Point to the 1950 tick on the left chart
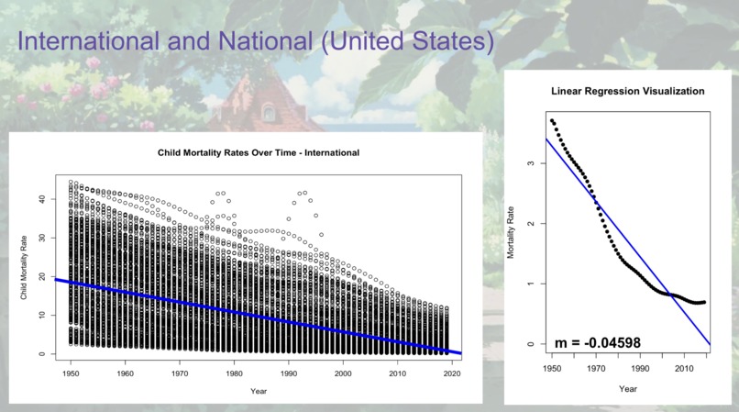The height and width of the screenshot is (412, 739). (71, 373)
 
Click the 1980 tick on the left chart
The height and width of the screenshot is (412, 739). (235, 373)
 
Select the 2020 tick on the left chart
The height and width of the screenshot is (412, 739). (452, 373)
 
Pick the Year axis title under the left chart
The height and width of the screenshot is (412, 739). (259, 391)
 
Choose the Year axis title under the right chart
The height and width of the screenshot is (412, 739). (628, 388)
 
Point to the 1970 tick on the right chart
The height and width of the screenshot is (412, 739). (595, 368)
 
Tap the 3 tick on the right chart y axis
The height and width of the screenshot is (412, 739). (531, 163)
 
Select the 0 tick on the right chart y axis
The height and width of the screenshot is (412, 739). (531, 344)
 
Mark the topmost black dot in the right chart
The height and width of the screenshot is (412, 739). (552, 120)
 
